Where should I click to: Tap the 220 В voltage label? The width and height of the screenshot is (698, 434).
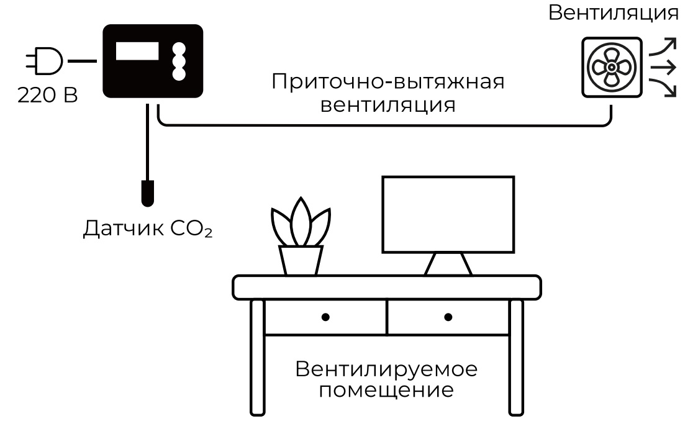pyautogui.click(x=47, y=96)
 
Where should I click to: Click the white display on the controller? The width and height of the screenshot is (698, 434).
pyautogui.click(x=137, y=51)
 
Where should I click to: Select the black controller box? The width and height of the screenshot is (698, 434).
pyautogui.click(x=153, y=81)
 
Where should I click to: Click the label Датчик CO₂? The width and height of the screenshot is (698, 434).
pyautogui.click(x=148, y=229)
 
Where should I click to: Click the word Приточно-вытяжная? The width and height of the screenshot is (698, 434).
pyautogui.click(x=388, y=82)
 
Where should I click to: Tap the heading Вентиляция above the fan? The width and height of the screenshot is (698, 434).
pyautogui.click(x=614, y=13)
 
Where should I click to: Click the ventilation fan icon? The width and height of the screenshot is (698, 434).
pyautogui.click(x=611, y=66)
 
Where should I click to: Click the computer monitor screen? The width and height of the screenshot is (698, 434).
pyautogui.click(x=448, y=214)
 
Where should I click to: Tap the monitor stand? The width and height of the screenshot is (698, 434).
pyautogui.click(x=448, y=264)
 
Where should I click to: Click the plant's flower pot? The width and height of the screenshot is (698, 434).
pyautogui.click(x=301, y=260)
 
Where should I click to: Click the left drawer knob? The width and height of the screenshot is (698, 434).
pyautogui.click(x=325, y=317)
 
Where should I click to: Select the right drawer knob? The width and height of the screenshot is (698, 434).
pyautogui.click(x=448, y=317)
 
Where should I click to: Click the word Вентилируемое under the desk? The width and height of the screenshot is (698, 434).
pyautogui.click(x=386, y=369)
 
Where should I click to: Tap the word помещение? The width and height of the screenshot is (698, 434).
pyautogui.click(x=386, y=392)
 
